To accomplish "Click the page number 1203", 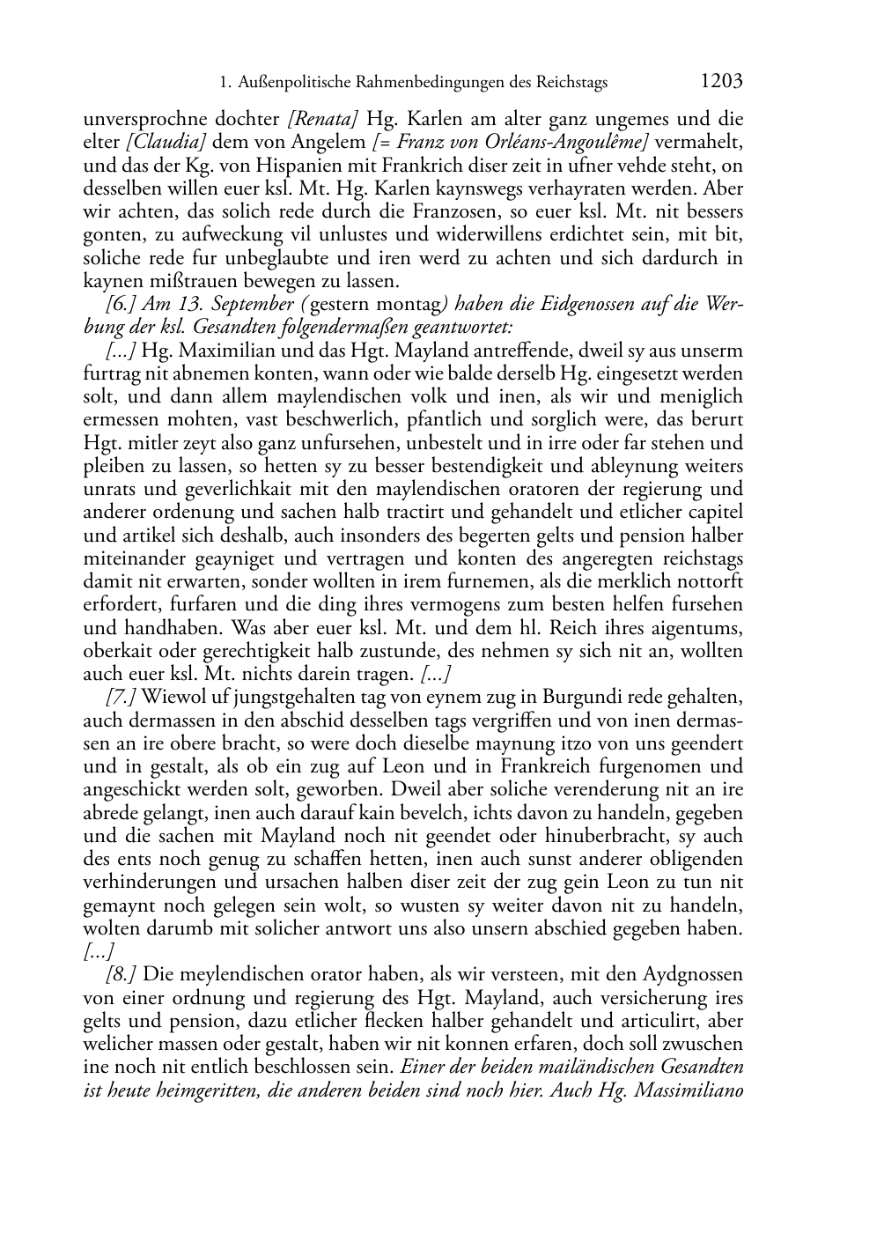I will [x=722, y=82].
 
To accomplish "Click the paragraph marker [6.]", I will [x=119, y=305].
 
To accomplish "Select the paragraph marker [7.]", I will [x=121, y=697].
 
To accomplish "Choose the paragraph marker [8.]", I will [x=121, y=975].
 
